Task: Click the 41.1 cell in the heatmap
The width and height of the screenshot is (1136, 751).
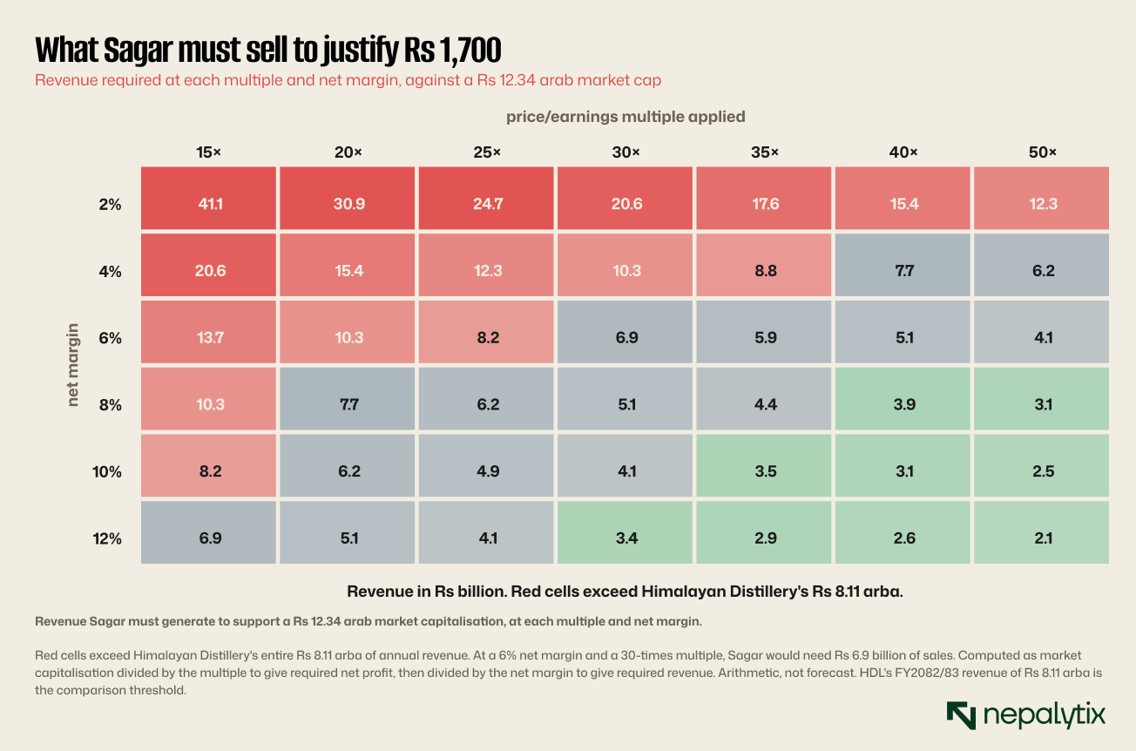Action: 208,199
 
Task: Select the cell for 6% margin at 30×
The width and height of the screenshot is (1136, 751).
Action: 625,332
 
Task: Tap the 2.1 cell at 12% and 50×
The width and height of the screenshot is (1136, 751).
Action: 1041,532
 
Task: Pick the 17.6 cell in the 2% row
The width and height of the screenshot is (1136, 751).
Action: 764,199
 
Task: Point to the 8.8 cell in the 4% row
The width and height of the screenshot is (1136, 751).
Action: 764,265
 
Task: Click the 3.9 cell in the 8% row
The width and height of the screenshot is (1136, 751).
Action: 903,399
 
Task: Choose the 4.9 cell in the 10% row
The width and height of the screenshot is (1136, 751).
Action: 486,465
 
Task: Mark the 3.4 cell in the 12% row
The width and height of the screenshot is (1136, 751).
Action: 625,532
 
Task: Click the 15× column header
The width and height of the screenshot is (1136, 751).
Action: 208,152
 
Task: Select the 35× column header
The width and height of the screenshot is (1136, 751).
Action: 764,152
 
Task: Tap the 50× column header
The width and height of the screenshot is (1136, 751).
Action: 1042,152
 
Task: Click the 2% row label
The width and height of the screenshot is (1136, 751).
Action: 110,205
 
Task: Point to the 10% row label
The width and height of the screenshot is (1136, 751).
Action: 106,472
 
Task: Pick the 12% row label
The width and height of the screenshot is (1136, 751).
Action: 106,538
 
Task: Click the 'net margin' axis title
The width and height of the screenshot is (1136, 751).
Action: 73,365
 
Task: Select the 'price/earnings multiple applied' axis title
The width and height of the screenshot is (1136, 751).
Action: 625,117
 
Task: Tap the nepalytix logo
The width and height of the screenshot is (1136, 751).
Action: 1025,715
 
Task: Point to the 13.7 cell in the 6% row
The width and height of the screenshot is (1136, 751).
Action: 208,332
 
